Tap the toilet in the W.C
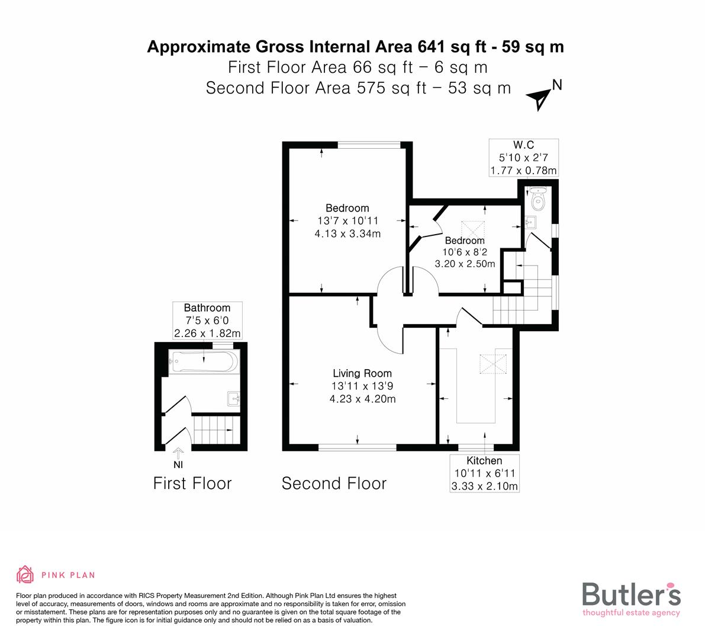tap(537, 201)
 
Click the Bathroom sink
tap(233, 397)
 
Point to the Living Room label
tap(362, 373)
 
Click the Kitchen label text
tap(484, 461)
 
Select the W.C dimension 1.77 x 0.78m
tap(523, 171)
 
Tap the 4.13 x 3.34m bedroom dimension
tap(347, 233)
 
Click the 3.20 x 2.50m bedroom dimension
tap(465, 264)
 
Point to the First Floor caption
tap(192, 484)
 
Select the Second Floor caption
tap(334, 484)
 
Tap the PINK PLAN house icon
tap(25, 574)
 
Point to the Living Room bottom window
tap(358, 446)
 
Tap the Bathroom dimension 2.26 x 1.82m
tap(207, 334)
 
